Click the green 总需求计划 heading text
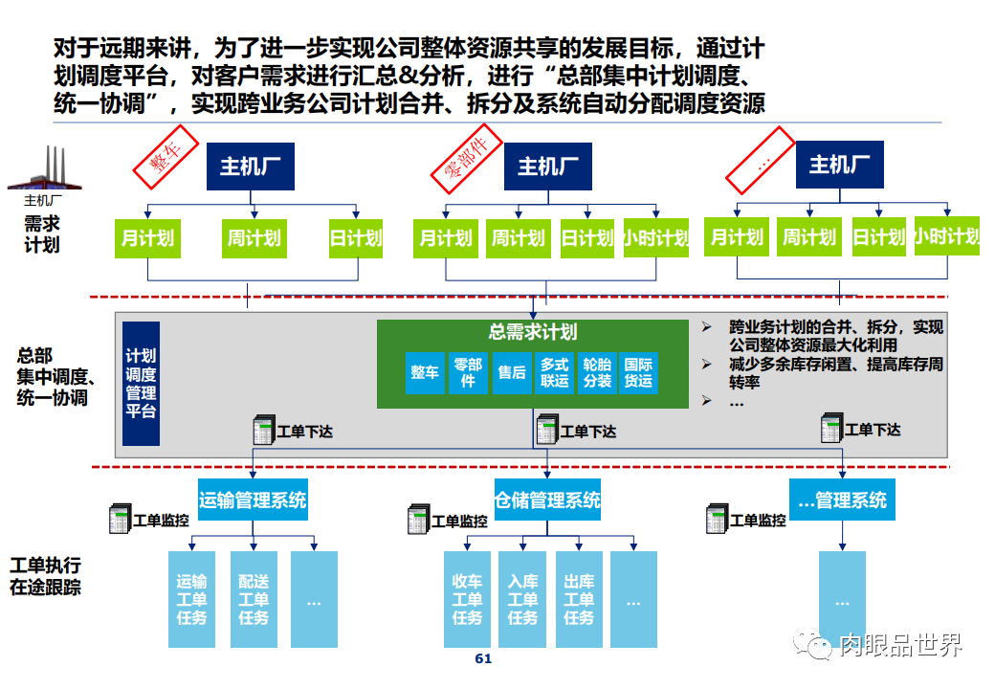(532, 332)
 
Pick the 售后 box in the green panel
(512, 372)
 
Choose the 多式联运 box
(555, 372)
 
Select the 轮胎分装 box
(597, 372)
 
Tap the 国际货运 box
(638, 372)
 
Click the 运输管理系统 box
(253, 500)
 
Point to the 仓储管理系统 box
(547, 500)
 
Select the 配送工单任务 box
(254, 600)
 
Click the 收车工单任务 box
(467, 600)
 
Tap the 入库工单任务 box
(522, 600)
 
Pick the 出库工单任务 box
(579, 600)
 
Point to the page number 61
(483, 659)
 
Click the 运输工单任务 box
(192, 600)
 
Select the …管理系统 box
(842, 500)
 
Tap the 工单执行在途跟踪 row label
(46, 576)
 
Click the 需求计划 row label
(42, 233)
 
